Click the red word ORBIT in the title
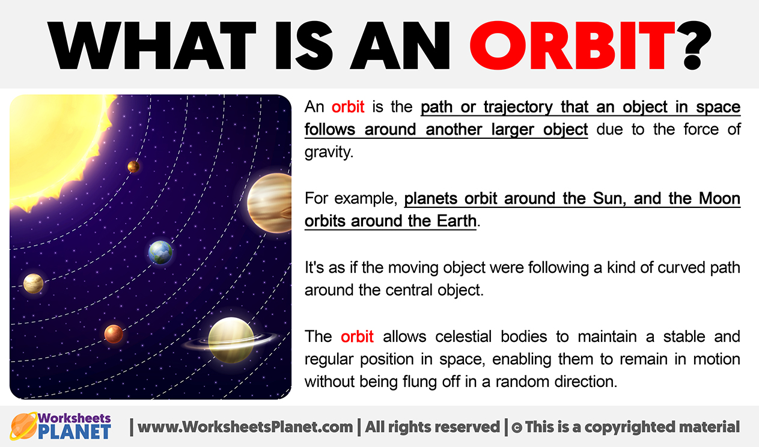click(572, 45)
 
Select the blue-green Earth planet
click(160, 252)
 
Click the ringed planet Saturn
click(231, 340)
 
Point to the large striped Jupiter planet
click(270, 203)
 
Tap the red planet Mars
click(114, 334)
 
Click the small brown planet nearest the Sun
click(133, 166)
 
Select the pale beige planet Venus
click(33, 284)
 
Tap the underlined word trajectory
click(518, 108)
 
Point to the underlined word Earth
click(456, 220)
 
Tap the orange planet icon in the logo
click(23, 426)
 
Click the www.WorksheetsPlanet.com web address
click(245, 427)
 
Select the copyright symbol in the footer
click(517, 428)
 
